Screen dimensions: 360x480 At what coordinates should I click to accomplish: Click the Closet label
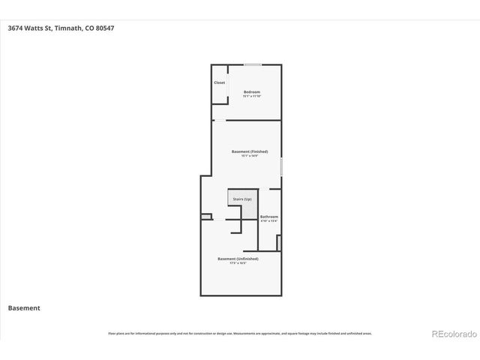(x=219, y=82)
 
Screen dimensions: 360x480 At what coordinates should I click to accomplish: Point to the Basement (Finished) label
(x=250, y=151)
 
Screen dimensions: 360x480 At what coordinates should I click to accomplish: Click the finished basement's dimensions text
(x=250, y=156)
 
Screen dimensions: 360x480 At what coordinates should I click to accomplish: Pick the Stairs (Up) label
(x=242, y=199)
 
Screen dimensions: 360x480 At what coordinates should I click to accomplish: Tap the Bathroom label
(x=268, y=217)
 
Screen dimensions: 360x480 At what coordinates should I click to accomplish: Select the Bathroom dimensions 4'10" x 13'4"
(x=268, y=220)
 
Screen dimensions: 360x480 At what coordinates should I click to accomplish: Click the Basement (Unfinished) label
(x=238, y=259)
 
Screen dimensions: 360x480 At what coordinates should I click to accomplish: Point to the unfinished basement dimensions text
(x=238, y=263)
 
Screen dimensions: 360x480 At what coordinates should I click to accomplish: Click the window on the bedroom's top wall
(x=253, y=65)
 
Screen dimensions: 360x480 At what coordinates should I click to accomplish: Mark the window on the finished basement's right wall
(x=281, y=166)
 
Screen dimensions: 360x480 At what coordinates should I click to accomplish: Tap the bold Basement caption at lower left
(x=24, y=308)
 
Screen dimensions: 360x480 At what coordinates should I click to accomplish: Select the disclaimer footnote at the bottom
(x=240, y=333)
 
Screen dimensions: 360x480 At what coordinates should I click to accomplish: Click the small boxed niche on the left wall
(x=206, y=217)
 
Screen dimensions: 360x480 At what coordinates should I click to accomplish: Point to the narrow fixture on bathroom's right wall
(x=278, y=243)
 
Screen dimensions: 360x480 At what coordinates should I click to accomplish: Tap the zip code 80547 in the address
(x=104, y=28)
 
